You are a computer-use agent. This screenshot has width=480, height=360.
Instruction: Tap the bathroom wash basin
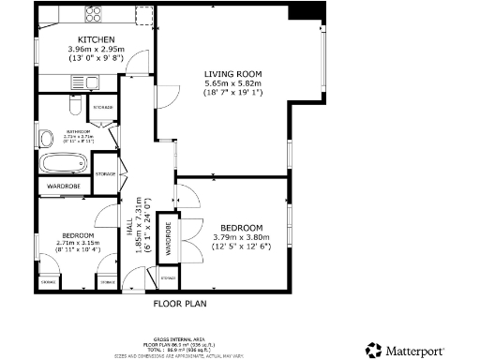click(x=46, y=140)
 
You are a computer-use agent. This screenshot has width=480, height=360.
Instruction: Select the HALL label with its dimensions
click(x=137, y=224)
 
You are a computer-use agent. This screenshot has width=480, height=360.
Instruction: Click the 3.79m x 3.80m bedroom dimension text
click(x=241, y=238)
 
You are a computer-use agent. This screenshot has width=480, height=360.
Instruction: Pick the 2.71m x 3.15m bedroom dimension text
click(x=78, y=243)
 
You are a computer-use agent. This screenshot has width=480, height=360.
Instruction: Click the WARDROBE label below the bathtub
click(x=64, y=187)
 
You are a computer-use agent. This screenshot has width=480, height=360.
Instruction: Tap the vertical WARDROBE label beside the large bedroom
click(x=168, y=238)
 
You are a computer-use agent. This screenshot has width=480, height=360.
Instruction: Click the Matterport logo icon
click(x=372, y=349)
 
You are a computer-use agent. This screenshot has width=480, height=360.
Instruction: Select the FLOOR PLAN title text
click(x=179, y=303)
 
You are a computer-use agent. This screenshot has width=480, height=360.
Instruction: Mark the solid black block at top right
click(x=303, y=10)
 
